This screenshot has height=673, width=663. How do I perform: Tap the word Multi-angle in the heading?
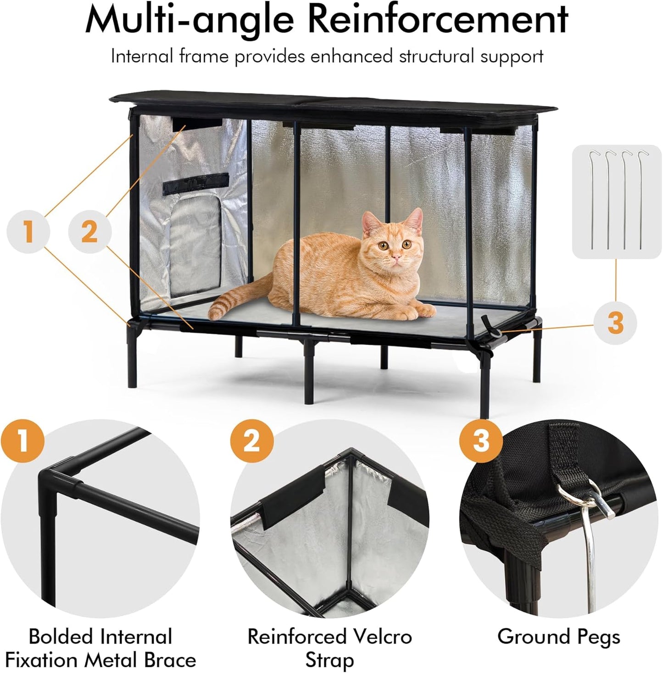click(x=189, y=19)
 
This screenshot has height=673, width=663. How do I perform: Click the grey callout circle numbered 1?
click(x=28, y=231)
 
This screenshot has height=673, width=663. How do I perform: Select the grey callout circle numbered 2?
click(x=89, y=231)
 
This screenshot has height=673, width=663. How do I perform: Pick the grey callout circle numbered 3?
click(x=615, y=323)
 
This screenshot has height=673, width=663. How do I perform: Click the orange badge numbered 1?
click(x=22, y=441)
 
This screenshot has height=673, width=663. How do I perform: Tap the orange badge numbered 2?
click(x=251, y=441)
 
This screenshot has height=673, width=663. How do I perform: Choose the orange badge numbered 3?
click(x=480, y=441)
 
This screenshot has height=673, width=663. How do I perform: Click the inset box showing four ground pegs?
click(x=616, y=201)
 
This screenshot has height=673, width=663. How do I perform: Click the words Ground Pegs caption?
click(x=558, y=637)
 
